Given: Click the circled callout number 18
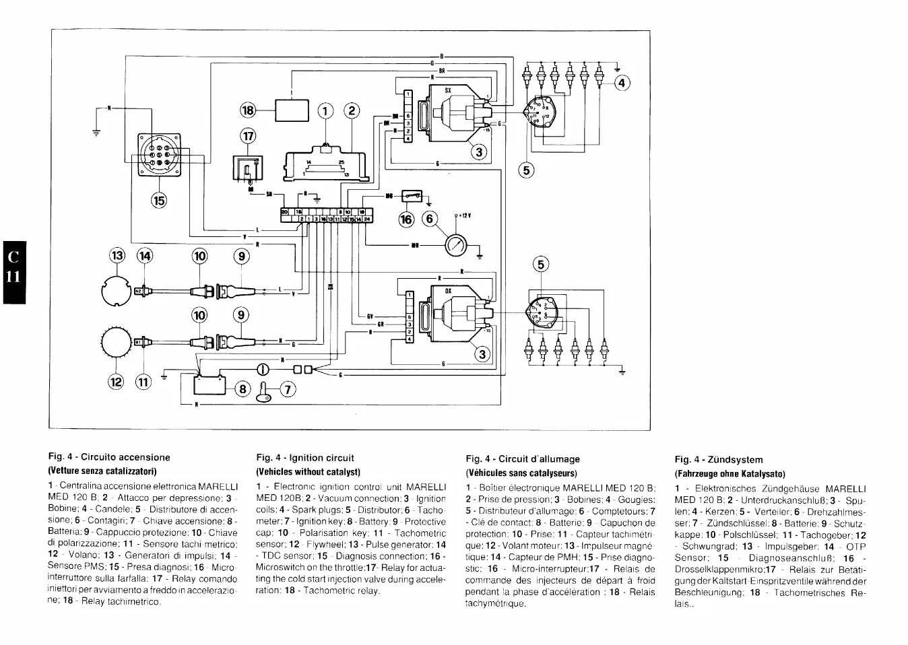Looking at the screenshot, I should pos(249,110).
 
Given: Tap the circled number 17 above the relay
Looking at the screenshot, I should pos(248,136).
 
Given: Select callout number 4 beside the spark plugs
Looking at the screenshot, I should pos(621,83).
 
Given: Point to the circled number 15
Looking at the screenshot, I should pos(158,199).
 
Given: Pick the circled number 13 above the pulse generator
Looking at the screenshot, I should pos(117,256).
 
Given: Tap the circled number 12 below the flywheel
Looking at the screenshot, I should pos(117,382).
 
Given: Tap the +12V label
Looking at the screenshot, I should pos(463,215).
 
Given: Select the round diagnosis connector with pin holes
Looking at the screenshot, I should pos(159,154).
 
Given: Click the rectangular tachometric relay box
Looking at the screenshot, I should pos(291,109).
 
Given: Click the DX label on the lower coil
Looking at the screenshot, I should pos(447,290).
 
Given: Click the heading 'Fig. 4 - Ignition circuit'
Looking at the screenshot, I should pos(305,458).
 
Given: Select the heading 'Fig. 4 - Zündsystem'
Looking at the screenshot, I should pos(719,459).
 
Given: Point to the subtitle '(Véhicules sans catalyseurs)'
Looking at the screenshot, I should pos(521,473).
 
